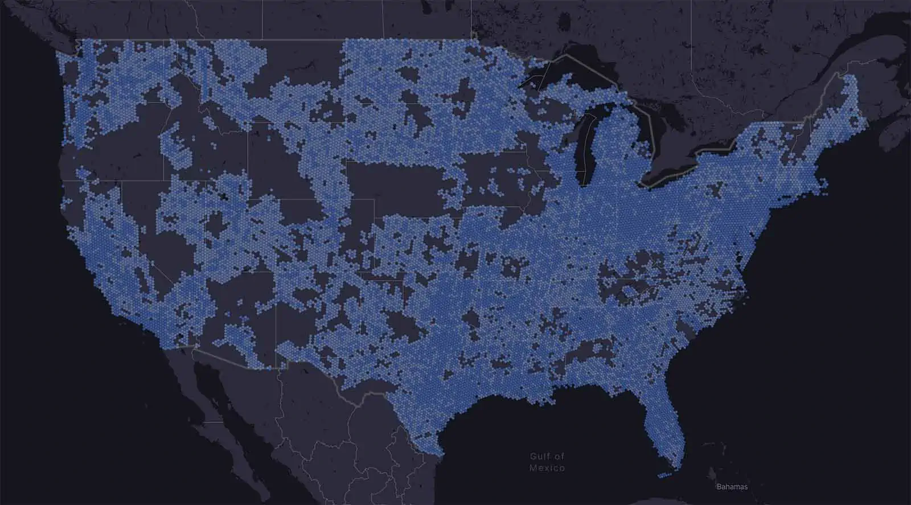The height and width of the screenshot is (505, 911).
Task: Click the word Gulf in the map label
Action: (x=539, y=456)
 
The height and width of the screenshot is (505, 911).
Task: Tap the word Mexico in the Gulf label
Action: (x=547, y=468)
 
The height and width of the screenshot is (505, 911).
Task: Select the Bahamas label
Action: (x=732, y=487)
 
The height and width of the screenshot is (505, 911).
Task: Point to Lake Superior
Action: (x=564, y=74)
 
